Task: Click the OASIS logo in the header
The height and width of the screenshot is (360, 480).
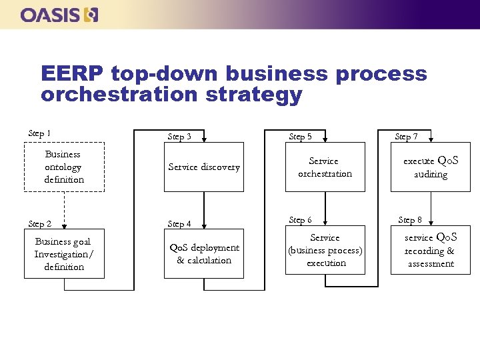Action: coord(59,15)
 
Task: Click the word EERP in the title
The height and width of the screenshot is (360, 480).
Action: coord(72,73)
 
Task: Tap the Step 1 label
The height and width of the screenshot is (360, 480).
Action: coord(39,134)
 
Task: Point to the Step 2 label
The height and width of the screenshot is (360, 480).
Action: coord(39,224)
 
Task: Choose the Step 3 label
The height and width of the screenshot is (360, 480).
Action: coord(179,137)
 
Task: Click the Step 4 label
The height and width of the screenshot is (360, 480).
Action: coord(179,224)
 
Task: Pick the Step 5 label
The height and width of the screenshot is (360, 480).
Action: coord(300,137)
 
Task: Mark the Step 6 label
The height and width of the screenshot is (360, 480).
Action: coord(300,220)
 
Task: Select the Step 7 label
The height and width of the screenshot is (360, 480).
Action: coord(406,137)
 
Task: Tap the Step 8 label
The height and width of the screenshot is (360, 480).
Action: coord(409,220)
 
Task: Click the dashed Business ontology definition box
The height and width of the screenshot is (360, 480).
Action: coord(64,167)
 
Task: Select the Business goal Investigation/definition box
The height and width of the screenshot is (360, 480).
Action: coord(64,254)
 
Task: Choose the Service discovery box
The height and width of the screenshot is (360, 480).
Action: coord(204,167)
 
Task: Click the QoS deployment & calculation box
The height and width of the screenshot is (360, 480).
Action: coord(204,254)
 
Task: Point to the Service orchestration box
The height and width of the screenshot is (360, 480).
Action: coord(325,167)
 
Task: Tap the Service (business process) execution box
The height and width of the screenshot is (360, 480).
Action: coord(325,250)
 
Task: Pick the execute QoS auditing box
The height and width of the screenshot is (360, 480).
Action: coord(431,167)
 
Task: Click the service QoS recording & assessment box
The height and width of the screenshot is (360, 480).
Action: coord(431,250)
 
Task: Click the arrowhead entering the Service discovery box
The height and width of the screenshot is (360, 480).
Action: coord(204,139)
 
